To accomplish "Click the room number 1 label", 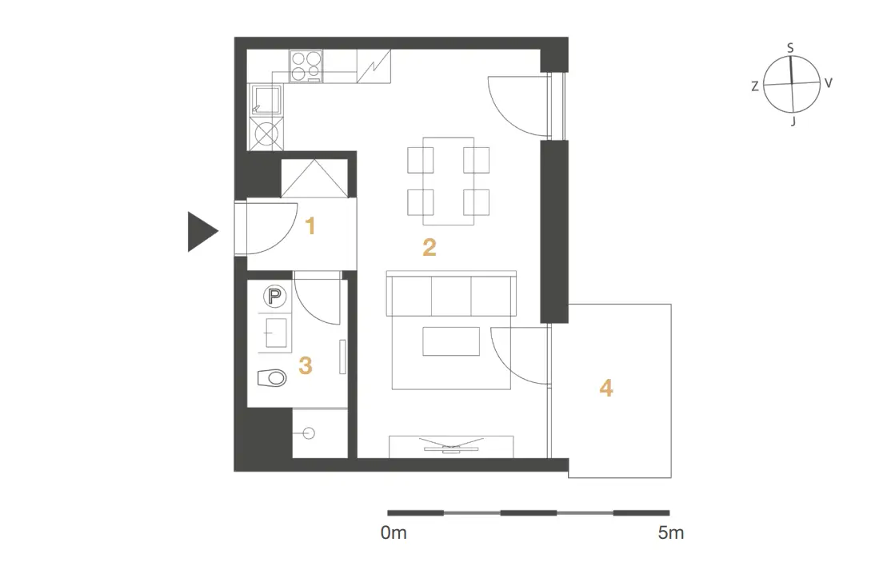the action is click(x=310, y=226).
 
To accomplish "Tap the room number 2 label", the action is click(x=430, y=247).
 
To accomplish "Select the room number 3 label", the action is click(x=306, y=366).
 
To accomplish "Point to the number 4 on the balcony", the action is click(x=606, y=388).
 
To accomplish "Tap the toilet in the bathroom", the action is click(x=272, y=378).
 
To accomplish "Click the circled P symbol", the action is click(x=274, y=296).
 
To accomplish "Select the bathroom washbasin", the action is click(x=275, y=333).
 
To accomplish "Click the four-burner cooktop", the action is click(x=306, y=66).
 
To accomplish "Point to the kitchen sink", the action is click(x=267, y=101).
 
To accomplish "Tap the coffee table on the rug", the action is click(x=451, y=341).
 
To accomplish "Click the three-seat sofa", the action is click(x=451, y=294).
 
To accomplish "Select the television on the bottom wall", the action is click(x=451, y=445).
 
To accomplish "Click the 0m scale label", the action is click(x=394, y=532).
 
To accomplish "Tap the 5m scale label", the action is click(x=671, y=532).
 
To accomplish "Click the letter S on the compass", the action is click(x=790, y=48).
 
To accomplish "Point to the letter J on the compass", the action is click(x=793, y=121).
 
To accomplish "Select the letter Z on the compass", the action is click(x=755, y=86).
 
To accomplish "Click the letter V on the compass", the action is click(x=828, y=83).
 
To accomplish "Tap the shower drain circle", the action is click(x=308, y=432).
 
